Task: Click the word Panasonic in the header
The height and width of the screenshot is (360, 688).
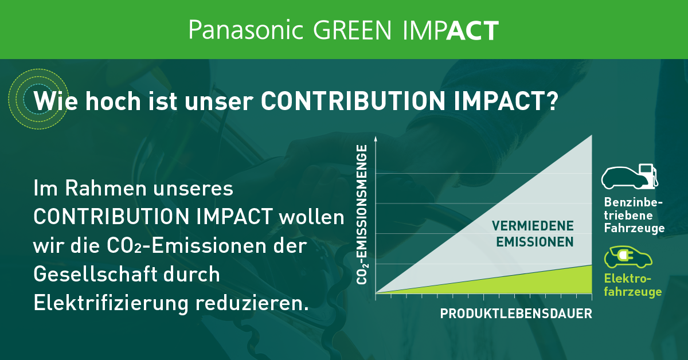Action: (x=245, y=30)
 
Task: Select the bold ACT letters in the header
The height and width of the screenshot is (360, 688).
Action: (x=472, y=30)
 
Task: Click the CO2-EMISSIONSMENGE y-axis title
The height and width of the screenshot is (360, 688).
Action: (x=362, y=215)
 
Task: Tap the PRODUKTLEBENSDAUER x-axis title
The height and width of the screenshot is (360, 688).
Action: (x=515, y=314)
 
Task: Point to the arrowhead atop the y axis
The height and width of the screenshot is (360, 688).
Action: (x=376, y=139)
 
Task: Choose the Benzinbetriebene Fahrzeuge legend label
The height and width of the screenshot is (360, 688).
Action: (x=634, y=216)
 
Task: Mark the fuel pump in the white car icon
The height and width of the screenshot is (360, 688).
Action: (x=648, y=174)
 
